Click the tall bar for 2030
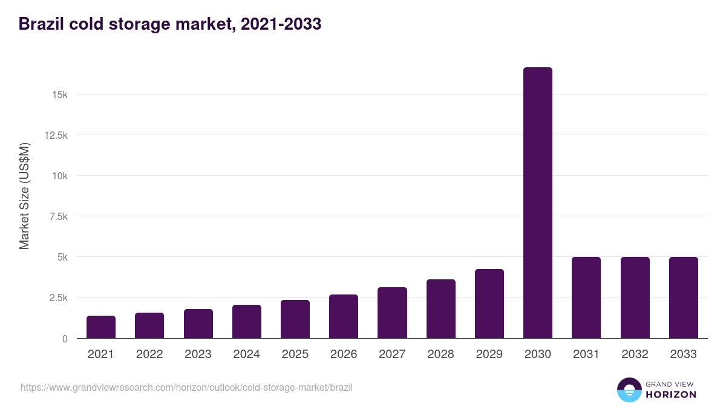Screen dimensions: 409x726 click(x=537, y=203)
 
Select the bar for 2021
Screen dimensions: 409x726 click(x=101, y=327)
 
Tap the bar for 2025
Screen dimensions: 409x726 click(x=295, y=319)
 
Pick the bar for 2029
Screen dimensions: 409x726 click(x=489, y=304)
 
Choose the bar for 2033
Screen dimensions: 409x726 click(x=683, y=298)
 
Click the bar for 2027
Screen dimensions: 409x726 click(x=392, y=313)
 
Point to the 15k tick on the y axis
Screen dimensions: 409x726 click(x=59, y=95)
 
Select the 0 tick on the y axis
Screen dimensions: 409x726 click(x=64, y=338)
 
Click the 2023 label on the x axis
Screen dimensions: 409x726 click(x=198, y=354)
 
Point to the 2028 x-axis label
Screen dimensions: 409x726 click(x=440, y=354)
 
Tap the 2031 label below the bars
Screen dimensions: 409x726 click(x=586, y=354)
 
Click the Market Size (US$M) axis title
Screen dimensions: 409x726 click(x=24, y=196)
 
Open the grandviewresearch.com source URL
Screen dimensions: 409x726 click(x=186, y=387)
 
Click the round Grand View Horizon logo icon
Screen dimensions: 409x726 click(x=629, y=390)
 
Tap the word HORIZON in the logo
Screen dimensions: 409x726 click(x=670, y=394)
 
